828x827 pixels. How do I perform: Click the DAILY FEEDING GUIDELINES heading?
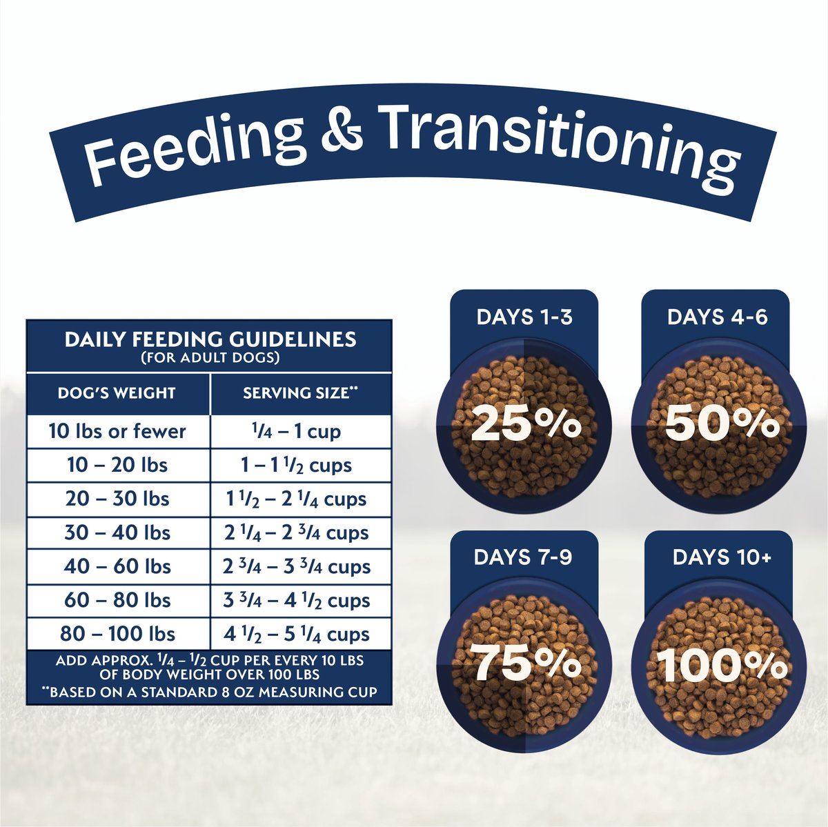(x=210, y=339)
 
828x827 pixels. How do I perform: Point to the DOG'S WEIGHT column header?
(x=117, y=393)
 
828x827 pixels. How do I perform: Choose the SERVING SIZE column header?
(x=300, y=393)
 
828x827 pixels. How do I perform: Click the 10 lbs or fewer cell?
(x=117, y=431)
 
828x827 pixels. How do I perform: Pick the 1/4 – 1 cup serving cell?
(x=297, y=431)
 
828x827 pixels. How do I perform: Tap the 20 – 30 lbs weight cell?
(x=117, y=499)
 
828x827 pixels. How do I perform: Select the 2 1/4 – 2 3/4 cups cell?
(x=297, y=532)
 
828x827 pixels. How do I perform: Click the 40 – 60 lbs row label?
(x=117, y=566)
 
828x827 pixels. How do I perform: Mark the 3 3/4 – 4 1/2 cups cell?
(x=297, y=600)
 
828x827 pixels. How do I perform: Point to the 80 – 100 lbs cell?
(x=117, y=634)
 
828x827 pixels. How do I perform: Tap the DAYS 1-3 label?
(x=524, y=317)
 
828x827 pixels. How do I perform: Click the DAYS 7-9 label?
(x=523, y=557)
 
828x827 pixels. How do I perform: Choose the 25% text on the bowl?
(x=526, y=424)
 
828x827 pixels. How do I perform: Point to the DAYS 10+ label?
(x=722, y=557)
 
